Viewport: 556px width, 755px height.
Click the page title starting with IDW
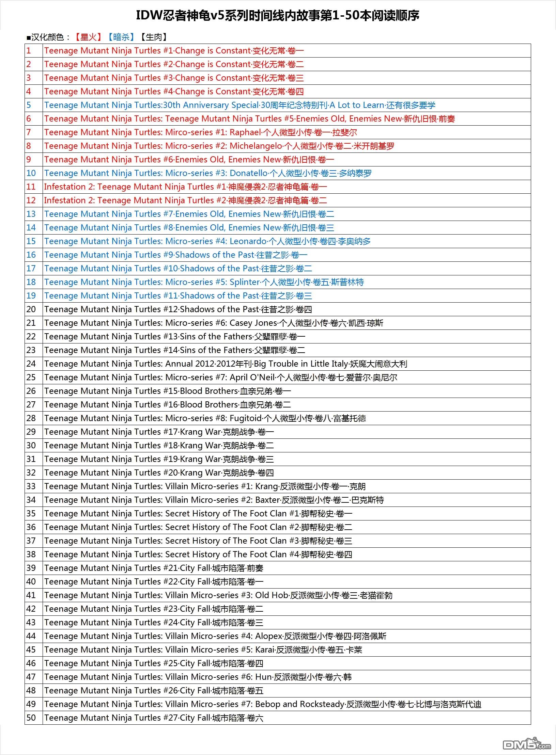click(277, 15)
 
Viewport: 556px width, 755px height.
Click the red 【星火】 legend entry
click(88, 37)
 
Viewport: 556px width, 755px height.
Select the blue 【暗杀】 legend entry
click(121, 37)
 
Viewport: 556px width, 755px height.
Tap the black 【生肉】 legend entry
click(154, 37)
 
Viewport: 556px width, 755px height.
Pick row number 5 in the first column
click(29, 105)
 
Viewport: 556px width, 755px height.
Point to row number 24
click(31, 364)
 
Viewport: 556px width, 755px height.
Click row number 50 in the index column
click(31, 718)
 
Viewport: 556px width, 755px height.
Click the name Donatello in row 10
click(248, 173)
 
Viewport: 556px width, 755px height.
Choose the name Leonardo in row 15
click(248, 241)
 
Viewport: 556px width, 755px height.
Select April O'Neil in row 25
click(252, 377)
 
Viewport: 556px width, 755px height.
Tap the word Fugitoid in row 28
click(245, 418)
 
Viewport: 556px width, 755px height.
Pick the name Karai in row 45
click(265, 650)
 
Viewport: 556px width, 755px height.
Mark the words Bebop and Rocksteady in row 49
click(299, 704)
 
